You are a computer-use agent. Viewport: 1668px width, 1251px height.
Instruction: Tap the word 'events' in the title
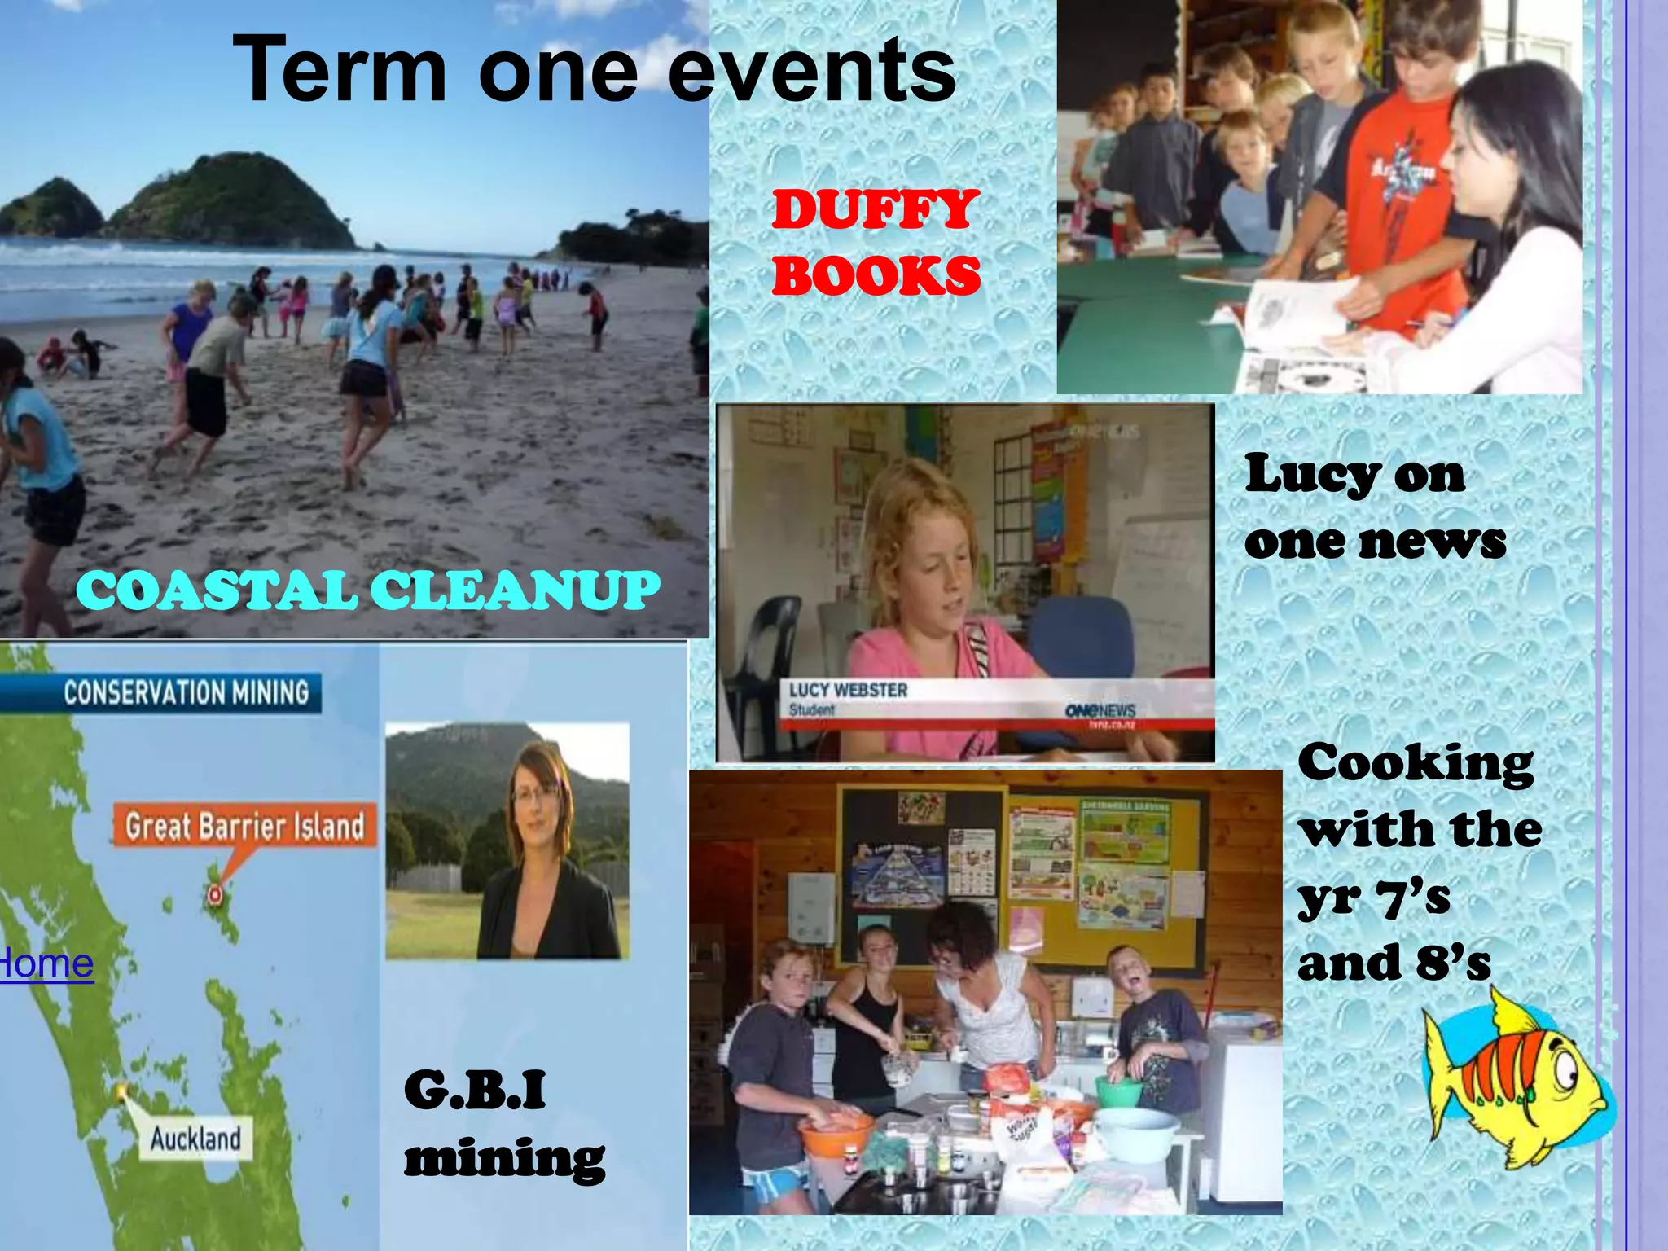pyautogui.click(x=812, y=72)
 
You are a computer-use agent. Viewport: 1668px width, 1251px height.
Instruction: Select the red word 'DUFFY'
pyautogui.click(x=875, y=210)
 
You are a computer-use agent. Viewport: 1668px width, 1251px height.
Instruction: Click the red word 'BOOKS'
pyautogui.click(x=876, y=275)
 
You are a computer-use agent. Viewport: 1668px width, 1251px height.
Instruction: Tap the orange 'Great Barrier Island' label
pyautogui.click(x=244, y=826)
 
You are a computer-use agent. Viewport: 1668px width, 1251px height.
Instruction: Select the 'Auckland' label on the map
pyautogui.click(x=195, y=1138)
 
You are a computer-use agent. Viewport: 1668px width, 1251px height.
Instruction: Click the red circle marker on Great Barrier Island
pyautogui.click(x=214, y=894)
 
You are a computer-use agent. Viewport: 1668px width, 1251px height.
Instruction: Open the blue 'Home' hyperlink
pyautogui.click(x=46, y=964)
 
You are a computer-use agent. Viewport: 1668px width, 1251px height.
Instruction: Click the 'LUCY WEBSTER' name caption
pyautogui.click(x=848, y=691)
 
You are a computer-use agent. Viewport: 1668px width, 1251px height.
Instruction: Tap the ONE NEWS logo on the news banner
pyautogui.click(x=1100, y=710)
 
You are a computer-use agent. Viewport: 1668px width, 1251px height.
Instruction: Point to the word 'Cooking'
pyautogui.click(x=1416, y=764)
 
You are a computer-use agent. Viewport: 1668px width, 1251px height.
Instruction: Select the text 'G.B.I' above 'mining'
pyautogui.click(x=475, y=1090)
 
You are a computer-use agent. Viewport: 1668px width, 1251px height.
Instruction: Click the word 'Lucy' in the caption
pyautogui.click(x=1312, y=475)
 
